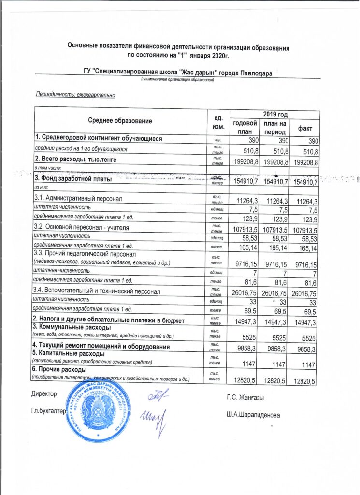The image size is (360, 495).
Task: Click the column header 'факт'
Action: coord(304,128)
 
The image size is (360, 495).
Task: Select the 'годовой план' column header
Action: coord(245,128)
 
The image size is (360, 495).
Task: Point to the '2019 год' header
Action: coord(275,114)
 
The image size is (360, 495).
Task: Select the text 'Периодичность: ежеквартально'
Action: coord(75,94)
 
